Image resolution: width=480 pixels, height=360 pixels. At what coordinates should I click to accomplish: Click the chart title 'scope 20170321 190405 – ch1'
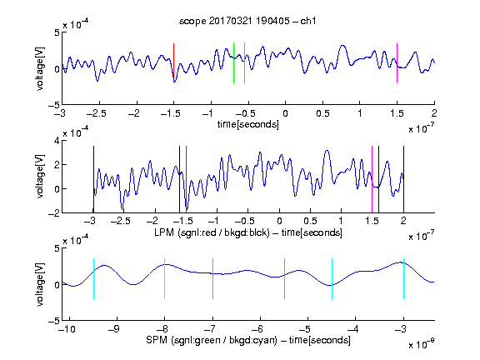[x=247, y=21]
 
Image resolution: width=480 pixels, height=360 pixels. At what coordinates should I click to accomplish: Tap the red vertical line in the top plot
[x=174, y=62]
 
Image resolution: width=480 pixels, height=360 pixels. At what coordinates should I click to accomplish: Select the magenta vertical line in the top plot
[x=397, y=62]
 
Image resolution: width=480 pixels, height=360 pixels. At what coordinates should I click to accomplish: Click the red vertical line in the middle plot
[x=186, y=179]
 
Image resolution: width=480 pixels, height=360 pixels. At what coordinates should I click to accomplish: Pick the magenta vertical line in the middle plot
[x=372, y=179]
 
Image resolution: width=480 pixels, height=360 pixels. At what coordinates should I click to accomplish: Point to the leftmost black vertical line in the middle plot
[x=93, y=179]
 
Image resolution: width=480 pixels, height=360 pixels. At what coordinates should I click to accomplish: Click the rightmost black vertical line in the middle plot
[x=403, y=179]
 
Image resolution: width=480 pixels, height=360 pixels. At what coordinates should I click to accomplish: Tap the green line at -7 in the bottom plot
[x=212, y=278]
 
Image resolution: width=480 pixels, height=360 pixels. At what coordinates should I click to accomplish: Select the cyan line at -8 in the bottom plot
[x=165, y=278]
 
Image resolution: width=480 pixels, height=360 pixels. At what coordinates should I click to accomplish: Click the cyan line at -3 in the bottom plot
[x=403, y=278]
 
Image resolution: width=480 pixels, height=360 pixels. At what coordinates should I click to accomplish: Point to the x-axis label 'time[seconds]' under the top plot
[x=248, y=125]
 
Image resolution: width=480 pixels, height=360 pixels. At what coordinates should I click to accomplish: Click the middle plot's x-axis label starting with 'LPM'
[x=248, y=232]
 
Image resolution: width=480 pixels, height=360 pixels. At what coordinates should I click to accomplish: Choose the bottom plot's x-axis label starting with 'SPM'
[x=248, y=340]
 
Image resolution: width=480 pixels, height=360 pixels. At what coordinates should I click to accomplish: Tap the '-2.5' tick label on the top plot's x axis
[x=96, y=113]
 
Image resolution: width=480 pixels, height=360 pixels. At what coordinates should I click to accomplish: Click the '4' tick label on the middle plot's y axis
[x=57, y=141]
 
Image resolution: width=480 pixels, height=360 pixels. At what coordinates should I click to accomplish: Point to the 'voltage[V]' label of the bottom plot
[x=40, y=284]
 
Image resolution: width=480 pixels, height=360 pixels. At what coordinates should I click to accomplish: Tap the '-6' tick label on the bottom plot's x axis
[x=260, y=329]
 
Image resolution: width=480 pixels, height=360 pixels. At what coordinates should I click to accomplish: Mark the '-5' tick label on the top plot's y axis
[x=54, y=105]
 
